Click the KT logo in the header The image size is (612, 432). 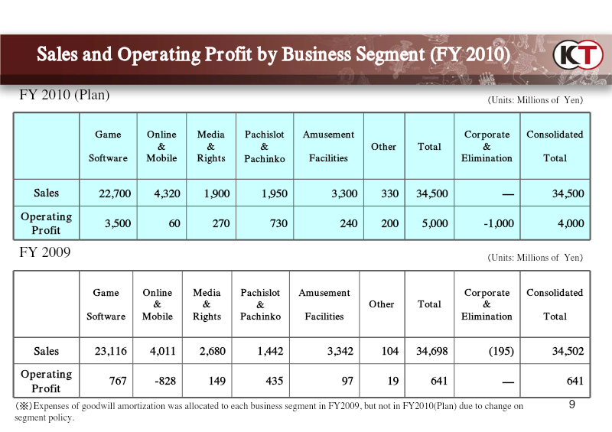coord(578,54)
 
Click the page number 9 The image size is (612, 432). coord(571,404)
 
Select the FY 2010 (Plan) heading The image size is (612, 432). coord(64,95)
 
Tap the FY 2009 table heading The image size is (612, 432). coord(45,252)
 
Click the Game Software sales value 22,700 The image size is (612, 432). coord(115,193)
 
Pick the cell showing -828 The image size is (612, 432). coord(165,381)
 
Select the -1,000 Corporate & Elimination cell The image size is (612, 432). coord(499,223)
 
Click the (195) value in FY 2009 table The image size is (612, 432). coord(501,351)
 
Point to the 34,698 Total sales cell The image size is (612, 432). coord(431,351)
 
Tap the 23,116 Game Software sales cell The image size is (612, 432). coord(110,351)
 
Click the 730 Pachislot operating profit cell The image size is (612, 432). coord(278,223)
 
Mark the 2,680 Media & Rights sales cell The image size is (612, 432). coord(213,351)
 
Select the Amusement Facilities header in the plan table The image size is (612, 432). coord(328,146)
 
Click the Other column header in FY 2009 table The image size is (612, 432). coord(381,304)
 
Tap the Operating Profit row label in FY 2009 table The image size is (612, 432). coord(46,381)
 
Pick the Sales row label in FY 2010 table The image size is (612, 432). coord(46,193)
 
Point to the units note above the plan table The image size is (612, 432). coord(535,100)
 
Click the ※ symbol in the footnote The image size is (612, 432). coord(24,406)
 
